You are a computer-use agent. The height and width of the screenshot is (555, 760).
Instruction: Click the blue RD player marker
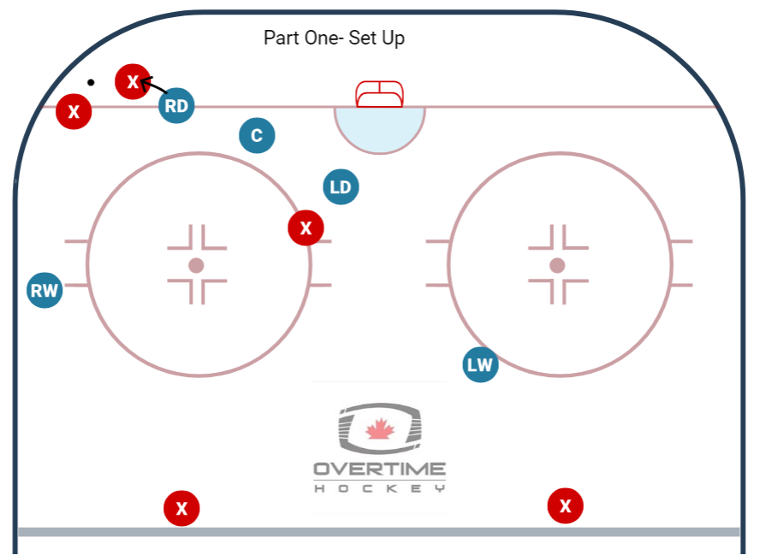pos(176,106)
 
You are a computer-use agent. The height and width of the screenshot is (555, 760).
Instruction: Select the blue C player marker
pos(257,135)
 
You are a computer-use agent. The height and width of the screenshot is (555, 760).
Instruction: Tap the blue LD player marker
pos(341,187)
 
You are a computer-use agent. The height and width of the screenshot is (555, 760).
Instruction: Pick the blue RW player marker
pos(45,291)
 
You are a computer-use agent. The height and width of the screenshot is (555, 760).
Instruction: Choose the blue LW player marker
pos(480,365)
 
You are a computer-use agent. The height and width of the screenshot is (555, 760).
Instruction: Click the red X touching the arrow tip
pos(133,82)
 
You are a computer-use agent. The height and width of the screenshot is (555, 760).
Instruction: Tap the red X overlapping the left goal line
pos(74,112)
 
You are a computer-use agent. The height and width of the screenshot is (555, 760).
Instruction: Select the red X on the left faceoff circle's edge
pos(306,227)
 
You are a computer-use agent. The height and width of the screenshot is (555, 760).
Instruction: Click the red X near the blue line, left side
pos(181,509)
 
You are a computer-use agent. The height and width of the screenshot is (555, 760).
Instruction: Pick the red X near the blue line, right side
pos(565,506)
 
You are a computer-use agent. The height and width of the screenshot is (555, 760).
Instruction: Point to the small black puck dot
pos(91,83)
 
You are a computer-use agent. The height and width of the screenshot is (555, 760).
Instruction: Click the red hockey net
pos(379,93)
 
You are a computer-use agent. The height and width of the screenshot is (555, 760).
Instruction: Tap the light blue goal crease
pos(379,129)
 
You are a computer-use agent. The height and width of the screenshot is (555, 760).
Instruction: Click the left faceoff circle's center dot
pos(196,265)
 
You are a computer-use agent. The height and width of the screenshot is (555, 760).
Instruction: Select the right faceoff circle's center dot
pos(557,265)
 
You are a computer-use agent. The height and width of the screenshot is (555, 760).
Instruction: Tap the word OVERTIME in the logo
pos(379,469)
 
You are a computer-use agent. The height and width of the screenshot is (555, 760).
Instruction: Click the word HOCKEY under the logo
pos(379,488)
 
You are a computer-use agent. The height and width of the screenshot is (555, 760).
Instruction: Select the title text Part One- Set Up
pos(334,38)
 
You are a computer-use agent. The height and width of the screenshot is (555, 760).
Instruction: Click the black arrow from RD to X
pos(154,86)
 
